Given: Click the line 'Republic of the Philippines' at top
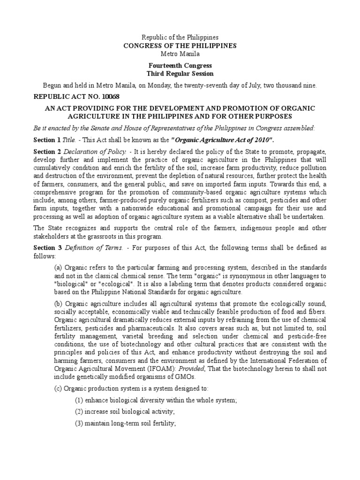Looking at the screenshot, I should (180, 37).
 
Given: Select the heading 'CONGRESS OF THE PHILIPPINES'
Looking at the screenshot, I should (180, 45).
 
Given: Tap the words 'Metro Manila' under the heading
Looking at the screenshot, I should (180, 54).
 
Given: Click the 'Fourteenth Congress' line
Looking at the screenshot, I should (180, 66).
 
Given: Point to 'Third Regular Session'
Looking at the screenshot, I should (180, 74).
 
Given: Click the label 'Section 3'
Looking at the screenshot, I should (47, 247).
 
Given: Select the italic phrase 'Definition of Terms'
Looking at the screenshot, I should (94, 247).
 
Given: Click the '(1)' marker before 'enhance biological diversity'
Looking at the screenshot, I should (80, 400).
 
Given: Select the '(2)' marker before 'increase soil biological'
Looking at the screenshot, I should (80, 412).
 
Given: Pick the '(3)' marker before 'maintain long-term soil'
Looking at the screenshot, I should (80, 423).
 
